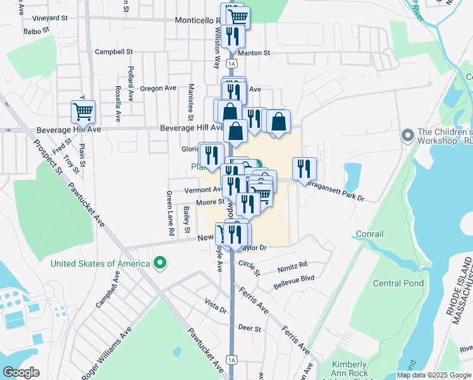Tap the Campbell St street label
(114, 51)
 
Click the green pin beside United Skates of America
(160, 262)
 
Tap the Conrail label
(369, 234)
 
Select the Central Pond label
(398, 283)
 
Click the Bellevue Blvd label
(294, 279)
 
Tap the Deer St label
(250, 327)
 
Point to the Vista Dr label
(215, 307)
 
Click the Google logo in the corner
(20, 372)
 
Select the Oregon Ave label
(158, 88)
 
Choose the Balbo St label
(36, 30)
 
